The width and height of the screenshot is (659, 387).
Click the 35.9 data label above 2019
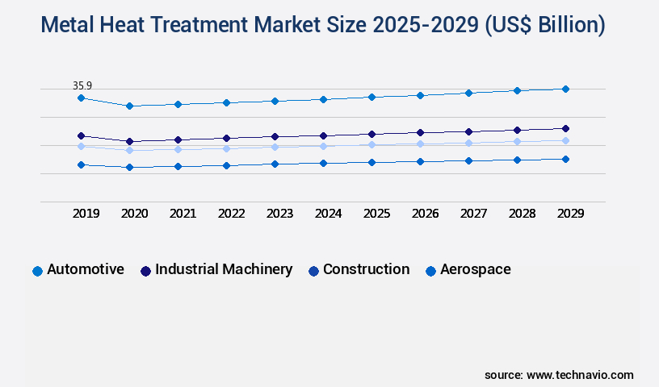pyautogui.click(x=82, y=85)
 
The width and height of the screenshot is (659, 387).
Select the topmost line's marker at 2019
pyautogui.click(x=81, y=98)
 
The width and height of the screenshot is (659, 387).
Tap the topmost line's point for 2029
pyautogui.click(x=565, y=89)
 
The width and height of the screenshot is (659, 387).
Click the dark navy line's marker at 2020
pyautogui.click(x=129, y=141)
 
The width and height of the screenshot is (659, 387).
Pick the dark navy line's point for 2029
pyautogui.click(x=565, y=128)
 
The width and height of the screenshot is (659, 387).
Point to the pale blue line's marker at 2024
pyautogui.click(x=323, y=146)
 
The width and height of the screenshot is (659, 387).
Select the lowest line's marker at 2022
pyautogui.click(x=226, y=165)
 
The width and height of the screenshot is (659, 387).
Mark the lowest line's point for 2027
pyautogui.click(x=468, y=160)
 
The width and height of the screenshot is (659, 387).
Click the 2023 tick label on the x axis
pyautogui.click(x=279, y=214)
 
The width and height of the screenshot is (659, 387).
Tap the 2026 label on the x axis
pyautogui.click(x=425, y=214)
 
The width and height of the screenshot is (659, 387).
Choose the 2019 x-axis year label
pyautogui.click(x=86, y=214)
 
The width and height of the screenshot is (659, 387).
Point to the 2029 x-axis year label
pyautogui.click(x=570, y=214)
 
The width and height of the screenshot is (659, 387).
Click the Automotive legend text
pyautogui.click(x=86, y=269)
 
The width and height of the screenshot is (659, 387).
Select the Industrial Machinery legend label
pyautogui.click(x=224, y=269)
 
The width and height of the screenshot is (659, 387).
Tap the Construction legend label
pyautogui.click(x=366, y=269)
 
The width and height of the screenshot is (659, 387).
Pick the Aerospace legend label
pyautogui.click(x=475, y=269)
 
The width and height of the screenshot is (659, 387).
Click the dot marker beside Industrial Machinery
pyautogui.click(x=145, y=271)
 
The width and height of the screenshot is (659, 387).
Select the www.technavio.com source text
pyautogui.click(x=580, y=375)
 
